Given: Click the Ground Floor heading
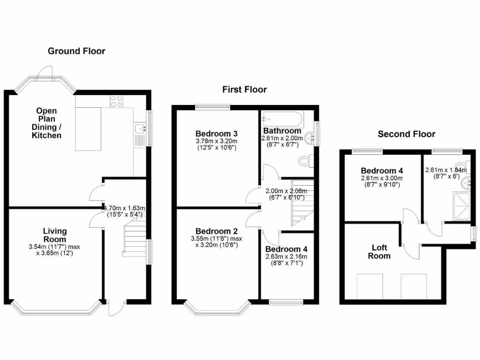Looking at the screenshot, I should tap(76, 51).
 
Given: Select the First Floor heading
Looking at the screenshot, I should tap(245, 90).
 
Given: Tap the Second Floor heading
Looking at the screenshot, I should tap(406, 134).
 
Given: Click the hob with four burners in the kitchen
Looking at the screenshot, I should tap(116, 101).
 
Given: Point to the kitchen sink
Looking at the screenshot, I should tap(139, 127).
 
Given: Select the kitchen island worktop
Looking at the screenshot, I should tap(88, 129).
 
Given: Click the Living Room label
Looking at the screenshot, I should tap(55, 235).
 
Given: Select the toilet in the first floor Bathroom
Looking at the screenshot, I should tap(305, 161).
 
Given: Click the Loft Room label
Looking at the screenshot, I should tap(379, 252).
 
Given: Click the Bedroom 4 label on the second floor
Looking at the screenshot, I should tap(382, 171).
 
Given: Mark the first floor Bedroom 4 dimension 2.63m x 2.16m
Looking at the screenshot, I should tap(286, 256).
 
